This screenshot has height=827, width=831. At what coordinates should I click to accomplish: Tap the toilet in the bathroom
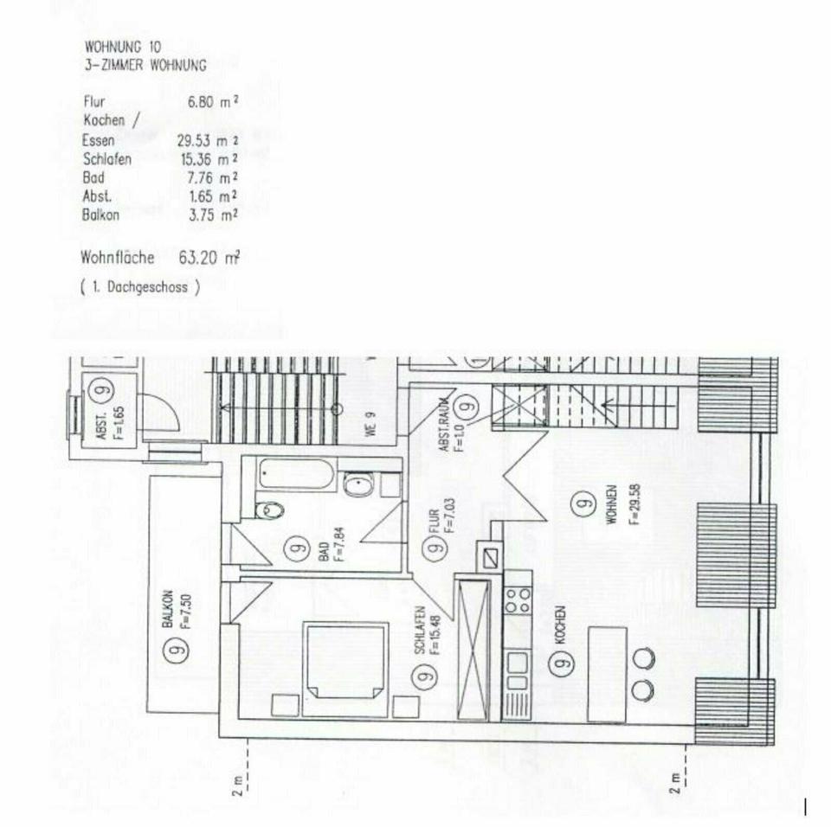(271, 510)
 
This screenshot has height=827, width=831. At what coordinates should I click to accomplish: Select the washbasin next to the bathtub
(357, 485)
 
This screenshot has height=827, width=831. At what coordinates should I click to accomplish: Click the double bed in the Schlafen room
(345, 660)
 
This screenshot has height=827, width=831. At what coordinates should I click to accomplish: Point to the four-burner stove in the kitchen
(518, 599)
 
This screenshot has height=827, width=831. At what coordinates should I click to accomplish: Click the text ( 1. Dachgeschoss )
(140, 288)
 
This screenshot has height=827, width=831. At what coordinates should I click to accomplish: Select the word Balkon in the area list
(100, 215)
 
